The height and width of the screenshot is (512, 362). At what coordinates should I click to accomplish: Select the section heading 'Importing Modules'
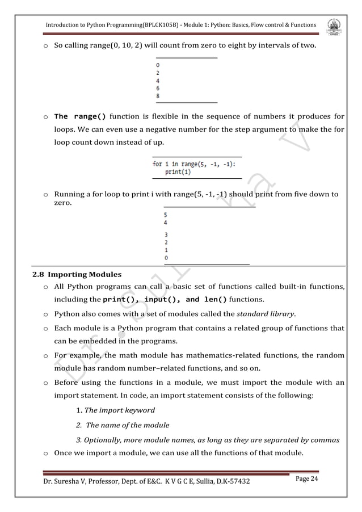pyautogui.click(x=85, y=275)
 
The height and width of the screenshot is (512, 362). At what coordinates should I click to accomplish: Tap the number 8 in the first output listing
pyautogui.click(x=158, y=96)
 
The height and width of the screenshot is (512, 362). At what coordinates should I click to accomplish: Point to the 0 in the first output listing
pyautogui.click(x=158, y=65)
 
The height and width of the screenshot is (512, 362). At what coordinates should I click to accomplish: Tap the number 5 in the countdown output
pyautogui.click(x=166, y=215)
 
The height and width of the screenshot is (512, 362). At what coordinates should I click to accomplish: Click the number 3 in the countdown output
pyautogui.click(x=166, y=234)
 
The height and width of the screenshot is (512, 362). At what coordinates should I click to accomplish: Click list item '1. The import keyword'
pyautogui.click(x=115, y=410)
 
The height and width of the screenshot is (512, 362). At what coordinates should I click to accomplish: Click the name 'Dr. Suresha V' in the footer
pyautogui.click(x=57, y=482)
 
